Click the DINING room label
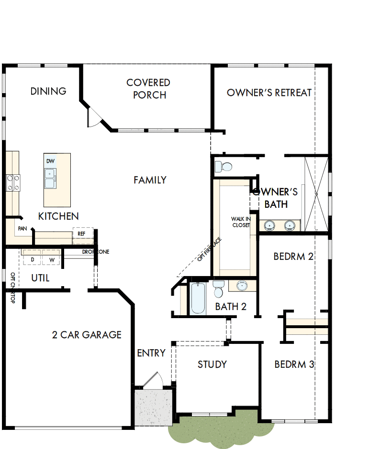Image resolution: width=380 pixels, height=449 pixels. pyautogui.click(x=48, y=91)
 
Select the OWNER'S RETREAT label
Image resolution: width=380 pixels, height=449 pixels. pyautogui.click(x=269, y=93)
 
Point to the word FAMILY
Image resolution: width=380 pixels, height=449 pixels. pyautogui.click(x=150, y=180)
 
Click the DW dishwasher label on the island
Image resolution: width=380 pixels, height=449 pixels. pyautogui.click(x=50, y=161)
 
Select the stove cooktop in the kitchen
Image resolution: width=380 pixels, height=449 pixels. pyautogui.click(x=13, y=183)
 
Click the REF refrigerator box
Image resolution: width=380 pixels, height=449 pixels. pyautogui.click(x=81, y=234)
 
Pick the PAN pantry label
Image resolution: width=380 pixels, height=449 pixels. pyautogui.click(x=22, y=229)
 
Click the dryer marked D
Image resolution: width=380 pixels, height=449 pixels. pyautogui.click(x=33, y=259)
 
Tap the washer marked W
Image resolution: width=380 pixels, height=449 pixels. pyautogui.click(x=52, y=259)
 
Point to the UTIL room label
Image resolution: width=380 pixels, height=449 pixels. pyautogui.click(x=40, y=278)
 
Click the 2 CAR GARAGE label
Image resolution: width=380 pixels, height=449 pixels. pyautogui.click(x=87, y=335)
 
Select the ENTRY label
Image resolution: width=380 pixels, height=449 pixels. pyautogui.click(x=151, y=353)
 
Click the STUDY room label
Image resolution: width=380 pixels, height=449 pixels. pyautogui.click(x=212, y=364)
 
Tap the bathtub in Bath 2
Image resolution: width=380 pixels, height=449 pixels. pyautogui.click(x=198, y=299)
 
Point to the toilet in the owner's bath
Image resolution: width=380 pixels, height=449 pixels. pyautogui.click(x=224, y=167)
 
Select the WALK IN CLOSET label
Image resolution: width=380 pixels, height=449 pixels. pyautogui.click(x=240, y=222)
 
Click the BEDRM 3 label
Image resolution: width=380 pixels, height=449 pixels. pyautogui.click(x=294, y=364)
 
